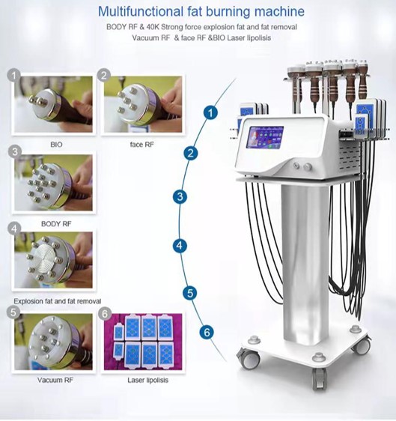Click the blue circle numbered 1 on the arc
pos(210,112)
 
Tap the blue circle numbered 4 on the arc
pos(180,246)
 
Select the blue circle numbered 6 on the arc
pos(207,333)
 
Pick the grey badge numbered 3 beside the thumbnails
pos(15,151)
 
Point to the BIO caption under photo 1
pos(56,145)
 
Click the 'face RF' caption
pos(142,145)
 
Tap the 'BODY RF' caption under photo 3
pos(56,224)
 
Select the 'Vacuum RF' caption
pos(55,380)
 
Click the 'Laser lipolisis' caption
pos(147,380)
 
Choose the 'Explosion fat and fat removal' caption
pos(58,301)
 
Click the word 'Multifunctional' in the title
pos(141,11)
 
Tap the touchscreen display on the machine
pos(265,138)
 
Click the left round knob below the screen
pos(296,166)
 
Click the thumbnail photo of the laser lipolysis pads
pos(143,342)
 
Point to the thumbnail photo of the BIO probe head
pos(53,104)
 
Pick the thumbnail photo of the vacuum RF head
pos(53,342)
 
